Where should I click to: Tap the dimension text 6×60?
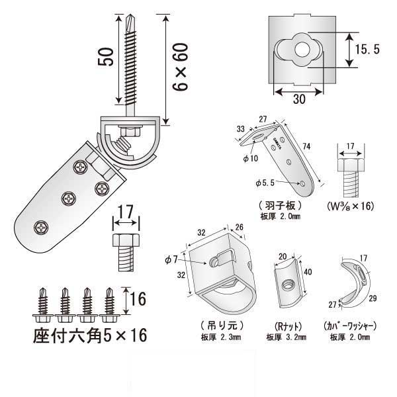coord(180,68)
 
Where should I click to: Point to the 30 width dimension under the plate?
coord(299,98)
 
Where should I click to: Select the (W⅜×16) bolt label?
coord(351,206)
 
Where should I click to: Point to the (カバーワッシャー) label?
coord(349,325)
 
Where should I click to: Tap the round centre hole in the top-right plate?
coord(304,49)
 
